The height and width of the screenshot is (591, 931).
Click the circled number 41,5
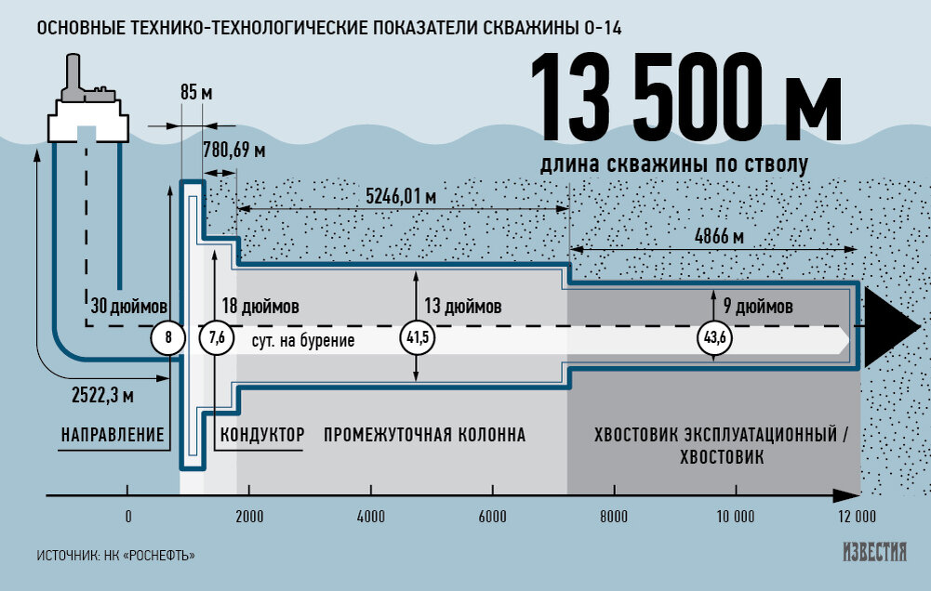417,337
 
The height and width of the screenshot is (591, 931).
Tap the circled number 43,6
714,337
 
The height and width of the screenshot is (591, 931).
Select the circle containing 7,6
216,337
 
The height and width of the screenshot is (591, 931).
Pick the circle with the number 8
168,337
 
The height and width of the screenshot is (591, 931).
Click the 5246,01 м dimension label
401,196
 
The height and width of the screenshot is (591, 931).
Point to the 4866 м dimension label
719,236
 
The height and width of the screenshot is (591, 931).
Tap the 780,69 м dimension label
234,151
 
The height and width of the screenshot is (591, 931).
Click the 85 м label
196,93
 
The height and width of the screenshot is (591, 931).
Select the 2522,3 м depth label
102,395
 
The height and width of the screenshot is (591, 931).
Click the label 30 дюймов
129,306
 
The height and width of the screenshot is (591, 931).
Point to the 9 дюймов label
758,306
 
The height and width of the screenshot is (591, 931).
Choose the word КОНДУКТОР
262,435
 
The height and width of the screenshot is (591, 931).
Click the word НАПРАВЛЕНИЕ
113,435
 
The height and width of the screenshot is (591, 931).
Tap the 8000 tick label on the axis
614,517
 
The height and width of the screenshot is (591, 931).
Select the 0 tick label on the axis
128,517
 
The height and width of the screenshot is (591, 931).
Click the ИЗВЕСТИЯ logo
875,552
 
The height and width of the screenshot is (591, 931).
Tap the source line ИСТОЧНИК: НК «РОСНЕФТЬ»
115,556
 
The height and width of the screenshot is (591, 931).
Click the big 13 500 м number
685,97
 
